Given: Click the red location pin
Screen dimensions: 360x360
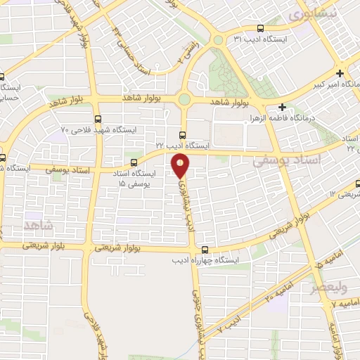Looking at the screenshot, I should [181, 166].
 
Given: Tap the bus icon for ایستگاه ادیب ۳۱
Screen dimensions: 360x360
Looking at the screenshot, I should [261, 30].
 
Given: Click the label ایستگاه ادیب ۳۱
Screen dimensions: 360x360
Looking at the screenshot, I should [261, 40].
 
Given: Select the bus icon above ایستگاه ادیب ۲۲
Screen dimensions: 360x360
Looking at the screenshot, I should [183, 134].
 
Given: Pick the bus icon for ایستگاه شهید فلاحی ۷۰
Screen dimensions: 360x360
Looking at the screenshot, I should [97, 119].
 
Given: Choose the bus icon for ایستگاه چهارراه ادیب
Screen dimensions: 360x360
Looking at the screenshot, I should [205, 250].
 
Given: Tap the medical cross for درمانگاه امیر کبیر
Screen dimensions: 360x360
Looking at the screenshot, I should [340, 73].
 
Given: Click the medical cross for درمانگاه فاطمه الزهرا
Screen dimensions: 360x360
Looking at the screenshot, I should [282, 108].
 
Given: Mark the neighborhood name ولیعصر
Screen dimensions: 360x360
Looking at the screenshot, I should [330, 288].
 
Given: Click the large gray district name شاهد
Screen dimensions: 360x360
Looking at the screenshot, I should [39, 225].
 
